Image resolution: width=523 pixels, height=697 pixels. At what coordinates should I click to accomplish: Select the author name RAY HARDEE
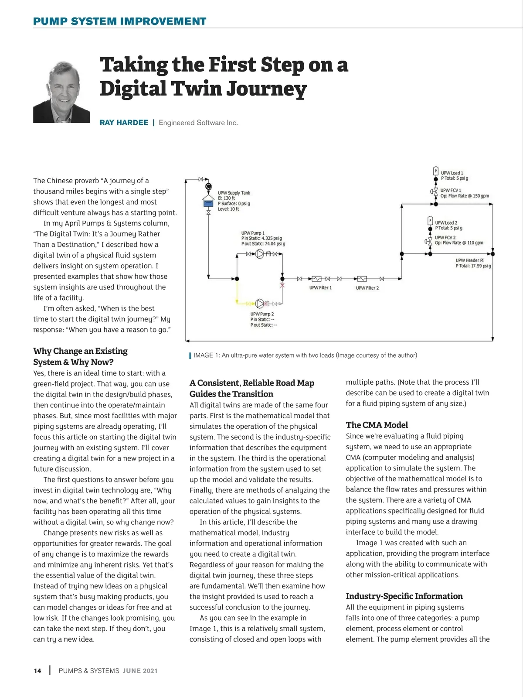click(124, 123)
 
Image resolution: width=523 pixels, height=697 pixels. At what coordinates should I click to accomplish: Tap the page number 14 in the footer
click(37, 671)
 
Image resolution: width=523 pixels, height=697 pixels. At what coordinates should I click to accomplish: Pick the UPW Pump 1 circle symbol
click(260, 254)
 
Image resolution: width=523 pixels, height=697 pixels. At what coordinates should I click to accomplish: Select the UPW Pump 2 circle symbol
click(260, 303)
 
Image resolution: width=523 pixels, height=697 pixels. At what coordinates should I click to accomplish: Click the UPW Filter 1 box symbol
click(317, 279)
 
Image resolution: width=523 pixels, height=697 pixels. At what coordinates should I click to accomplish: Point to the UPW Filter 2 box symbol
click(362, 279)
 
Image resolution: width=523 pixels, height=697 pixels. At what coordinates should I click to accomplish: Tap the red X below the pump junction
click(282, 285)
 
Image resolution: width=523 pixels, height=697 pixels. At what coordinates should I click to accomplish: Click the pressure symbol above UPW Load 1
click(435, 171)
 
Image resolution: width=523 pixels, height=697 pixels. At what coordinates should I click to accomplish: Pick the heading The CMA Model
click(377, 425)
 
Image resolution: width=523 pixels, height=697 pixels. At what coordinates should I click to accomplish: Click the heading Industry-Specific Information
click(404, 596)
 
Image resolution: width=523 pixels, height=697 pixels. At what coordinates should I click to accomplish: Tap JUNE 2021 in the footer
click(140, 671)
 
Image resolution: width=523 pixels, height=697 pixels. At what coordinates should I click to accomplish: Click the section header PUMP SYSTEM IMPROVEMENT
click(120, 21)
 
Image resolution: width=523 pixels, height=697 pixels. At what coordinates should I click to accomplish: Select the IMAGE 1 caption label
click(207, 355)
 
